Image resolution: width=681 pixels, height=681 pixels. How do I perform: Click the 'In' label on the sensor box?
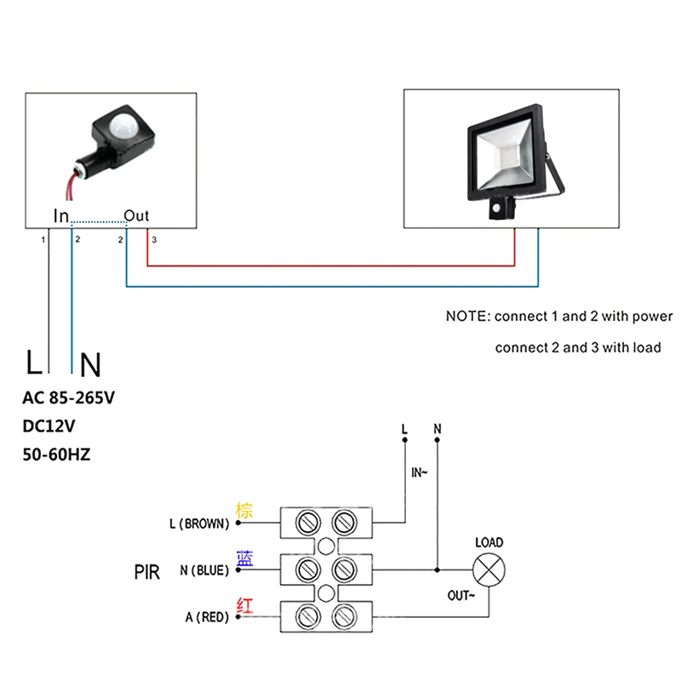[x=61, y=216]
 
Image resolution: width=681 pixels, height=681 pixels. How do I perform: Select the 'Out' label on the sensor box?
[x=136, y=216]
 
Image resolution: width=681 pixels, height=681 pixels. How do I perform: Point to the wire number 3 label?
[x=154, y=240]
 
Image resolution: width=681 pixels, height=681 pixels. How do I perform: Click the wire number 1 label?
[x=43, y=240]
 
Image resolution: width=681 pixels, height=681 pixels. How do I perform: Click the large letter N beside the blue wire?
[x=90, y=365]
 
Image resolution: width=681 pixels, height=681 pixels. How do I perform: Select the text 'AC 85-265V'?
[x=69, y=398]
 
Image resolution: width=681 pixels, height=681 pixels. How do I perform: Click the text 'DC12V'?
[x=49, y=426]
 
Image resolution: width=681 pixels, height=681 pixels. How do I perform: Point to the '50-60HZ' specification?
[x=56, y=455]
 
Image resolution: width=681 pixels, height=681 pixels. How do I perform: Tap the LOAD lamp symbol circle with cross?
[x=489, y=569]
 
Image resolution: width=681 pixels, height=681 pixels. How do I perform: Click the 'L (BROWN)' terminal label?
[x=199, y=524]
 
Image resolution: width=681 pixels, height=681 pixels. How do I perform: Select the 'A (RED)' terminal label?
[x=207, y=617]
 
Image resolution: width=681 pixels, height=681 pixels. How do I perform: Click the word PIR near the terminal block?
[x=146, y=572]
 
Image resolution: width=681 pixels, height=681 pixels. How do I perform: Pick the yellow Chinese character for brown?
[x=244, y=510]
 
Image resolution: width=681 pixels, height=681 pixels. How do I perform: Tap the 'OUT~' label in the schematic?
[x=461, y=595]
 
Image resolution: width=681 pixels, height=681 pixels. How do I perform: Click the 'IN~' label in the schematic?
[x=419, y=472]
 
